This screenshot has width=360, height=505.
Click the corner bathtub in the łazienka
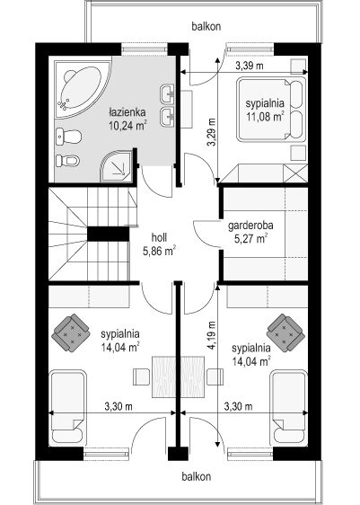coord(81,87)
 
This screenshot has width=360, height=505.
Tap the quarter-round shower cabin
coord(118,166)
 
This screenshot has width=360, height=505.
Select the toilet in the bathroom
coord(68,137)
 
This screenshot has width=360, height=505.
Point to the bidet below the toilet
coord(67,160)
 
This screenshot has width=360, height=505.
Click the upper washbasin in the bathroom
coord(167,93)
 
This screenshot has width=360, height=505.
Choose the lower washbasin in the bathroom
coord(167,117)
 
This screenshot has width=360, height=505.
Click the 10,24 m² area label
coord(128,124)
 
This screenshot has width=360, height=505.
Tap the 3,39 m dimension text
coord(250,66)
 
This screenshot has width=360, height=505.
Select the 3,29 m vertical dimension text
coord(211,132)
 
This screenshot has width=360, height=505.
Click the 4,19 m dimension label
coord(211,335)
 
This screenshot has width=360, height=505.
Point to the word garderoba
coord(250,226)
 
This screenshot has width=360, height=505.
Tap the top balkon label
coord(206,26)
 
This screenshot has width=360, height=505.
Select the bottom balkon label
coord(197,476)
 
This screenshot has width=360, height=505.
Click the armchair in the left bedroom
coord(71,332)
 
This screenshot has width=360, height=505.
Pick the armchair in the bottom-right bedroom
coord(285,332)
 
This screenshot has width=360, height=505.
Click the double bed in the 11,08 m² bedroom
coord(271,110)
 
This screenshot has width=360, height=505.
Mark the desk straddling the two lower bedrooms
coord(178,377)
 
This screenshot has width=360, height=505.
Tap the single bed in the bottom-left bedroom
coord(68,408)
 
